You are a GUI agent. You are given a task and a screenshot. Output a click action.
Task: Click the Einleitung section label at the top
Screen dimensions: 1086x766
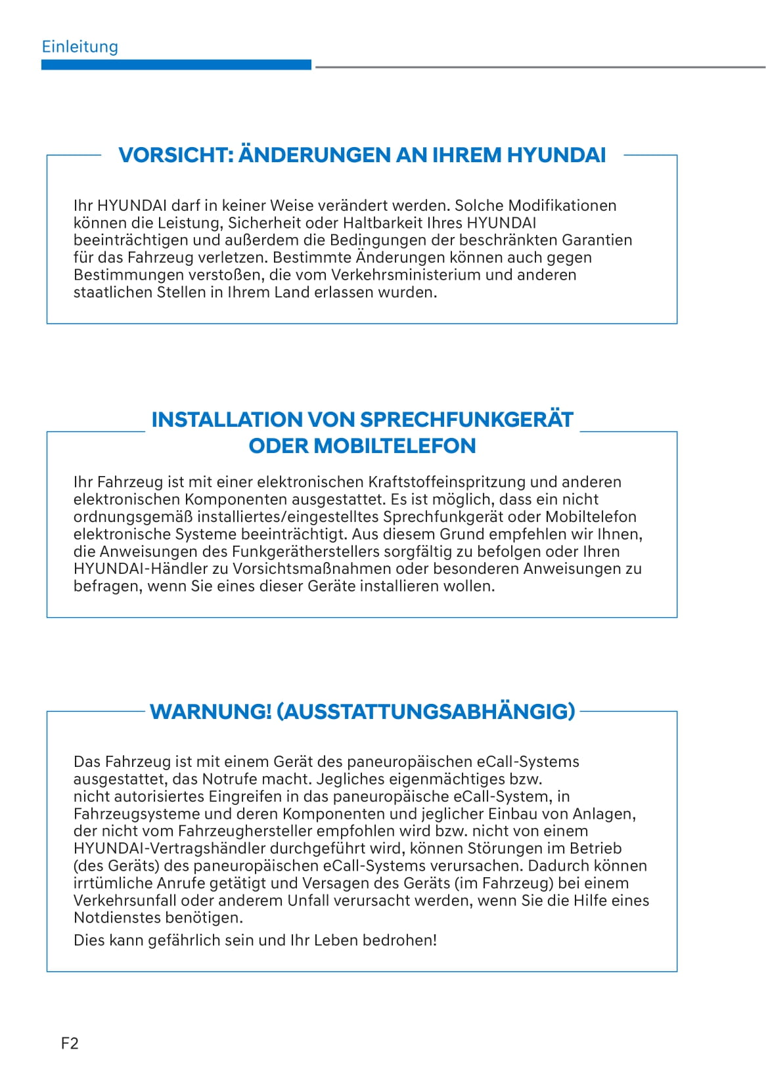tap(79, 47)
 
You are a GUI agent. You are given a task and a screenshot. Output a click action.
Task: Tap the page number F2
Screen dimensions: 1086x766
tap(70, 1043)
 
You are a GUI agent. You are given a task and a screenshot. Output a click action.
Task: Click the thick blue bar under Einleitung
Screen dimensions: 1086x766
tap(176, 65)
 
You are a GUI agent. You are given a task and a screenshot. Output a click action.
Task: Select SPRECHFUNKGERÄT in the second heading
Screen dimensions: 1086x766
tap(467, 420)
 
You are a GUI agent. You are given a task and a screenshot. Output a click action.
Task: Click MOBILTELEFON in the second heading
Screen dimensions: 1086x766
tap(395, 446)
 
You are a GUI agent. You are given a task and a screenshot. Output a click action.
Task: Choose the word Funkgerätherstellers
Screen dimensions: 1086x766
tap(306, 552)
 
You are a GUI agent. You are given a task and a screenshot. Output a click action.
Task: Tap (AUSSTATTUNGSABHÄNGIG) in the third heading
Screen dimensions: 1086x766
tap(426, 712)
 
